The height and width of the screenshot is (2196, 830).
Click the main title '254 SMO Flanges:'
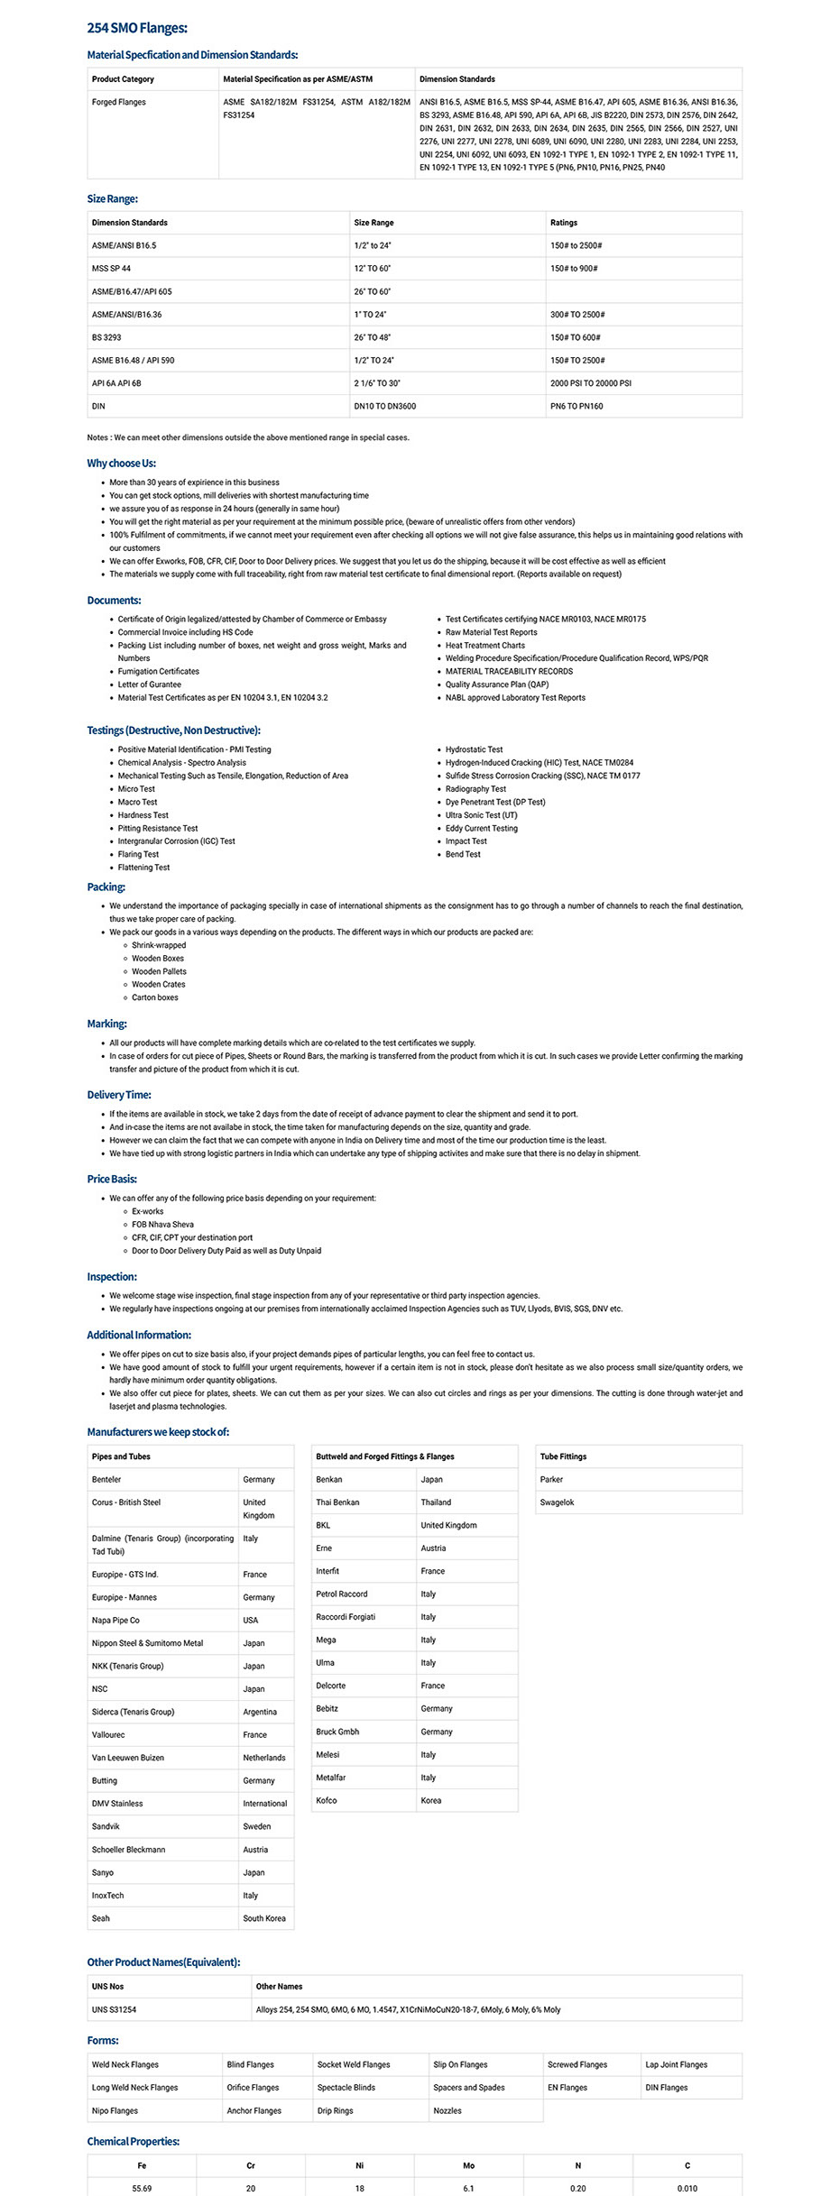(x=137, y=29)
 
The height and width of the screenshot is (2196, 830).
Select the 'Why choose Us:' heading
(x=122, y=464)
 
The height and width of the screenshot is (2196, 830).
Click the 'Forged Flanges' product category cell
(x=119, y=103)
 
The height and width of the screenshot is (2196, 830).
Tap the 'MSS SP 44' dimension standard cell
(x=111, y=269)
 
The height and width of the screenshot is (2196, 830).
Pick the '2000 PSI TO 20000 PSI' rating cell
(x=591, y=383)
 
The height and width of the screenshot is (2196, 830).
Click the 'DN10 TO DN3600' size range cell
(x=385, y=407)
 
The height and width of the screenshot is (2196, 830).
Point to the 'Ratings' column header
(x=564, y=223)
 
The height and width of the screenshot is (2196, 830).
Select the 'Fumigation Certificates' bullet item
(x=159, y=672)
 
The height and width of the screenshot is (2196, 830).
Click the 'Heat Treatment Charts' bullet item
(x=485, y=646)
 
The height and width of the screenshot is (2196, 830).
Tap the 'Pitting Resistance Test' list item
(x=158, y=829)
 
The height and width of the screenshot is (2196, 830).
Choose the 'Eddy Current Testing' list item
(x=482, y=829)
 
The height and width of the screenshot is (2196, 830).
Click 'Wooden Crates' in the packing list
(x=159, y=985)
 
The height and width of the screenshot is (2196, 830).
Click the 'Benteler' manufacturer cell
(x=106, y=1480)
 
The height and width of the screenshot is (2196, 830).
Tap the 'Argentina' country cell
(x=260, y=1713)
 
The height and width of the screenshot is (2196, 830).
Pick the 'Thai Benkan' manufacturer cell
(x=337, y=1502)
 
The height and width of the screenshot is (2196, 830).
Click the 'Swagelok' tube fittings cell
(x=558, y=1502)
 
